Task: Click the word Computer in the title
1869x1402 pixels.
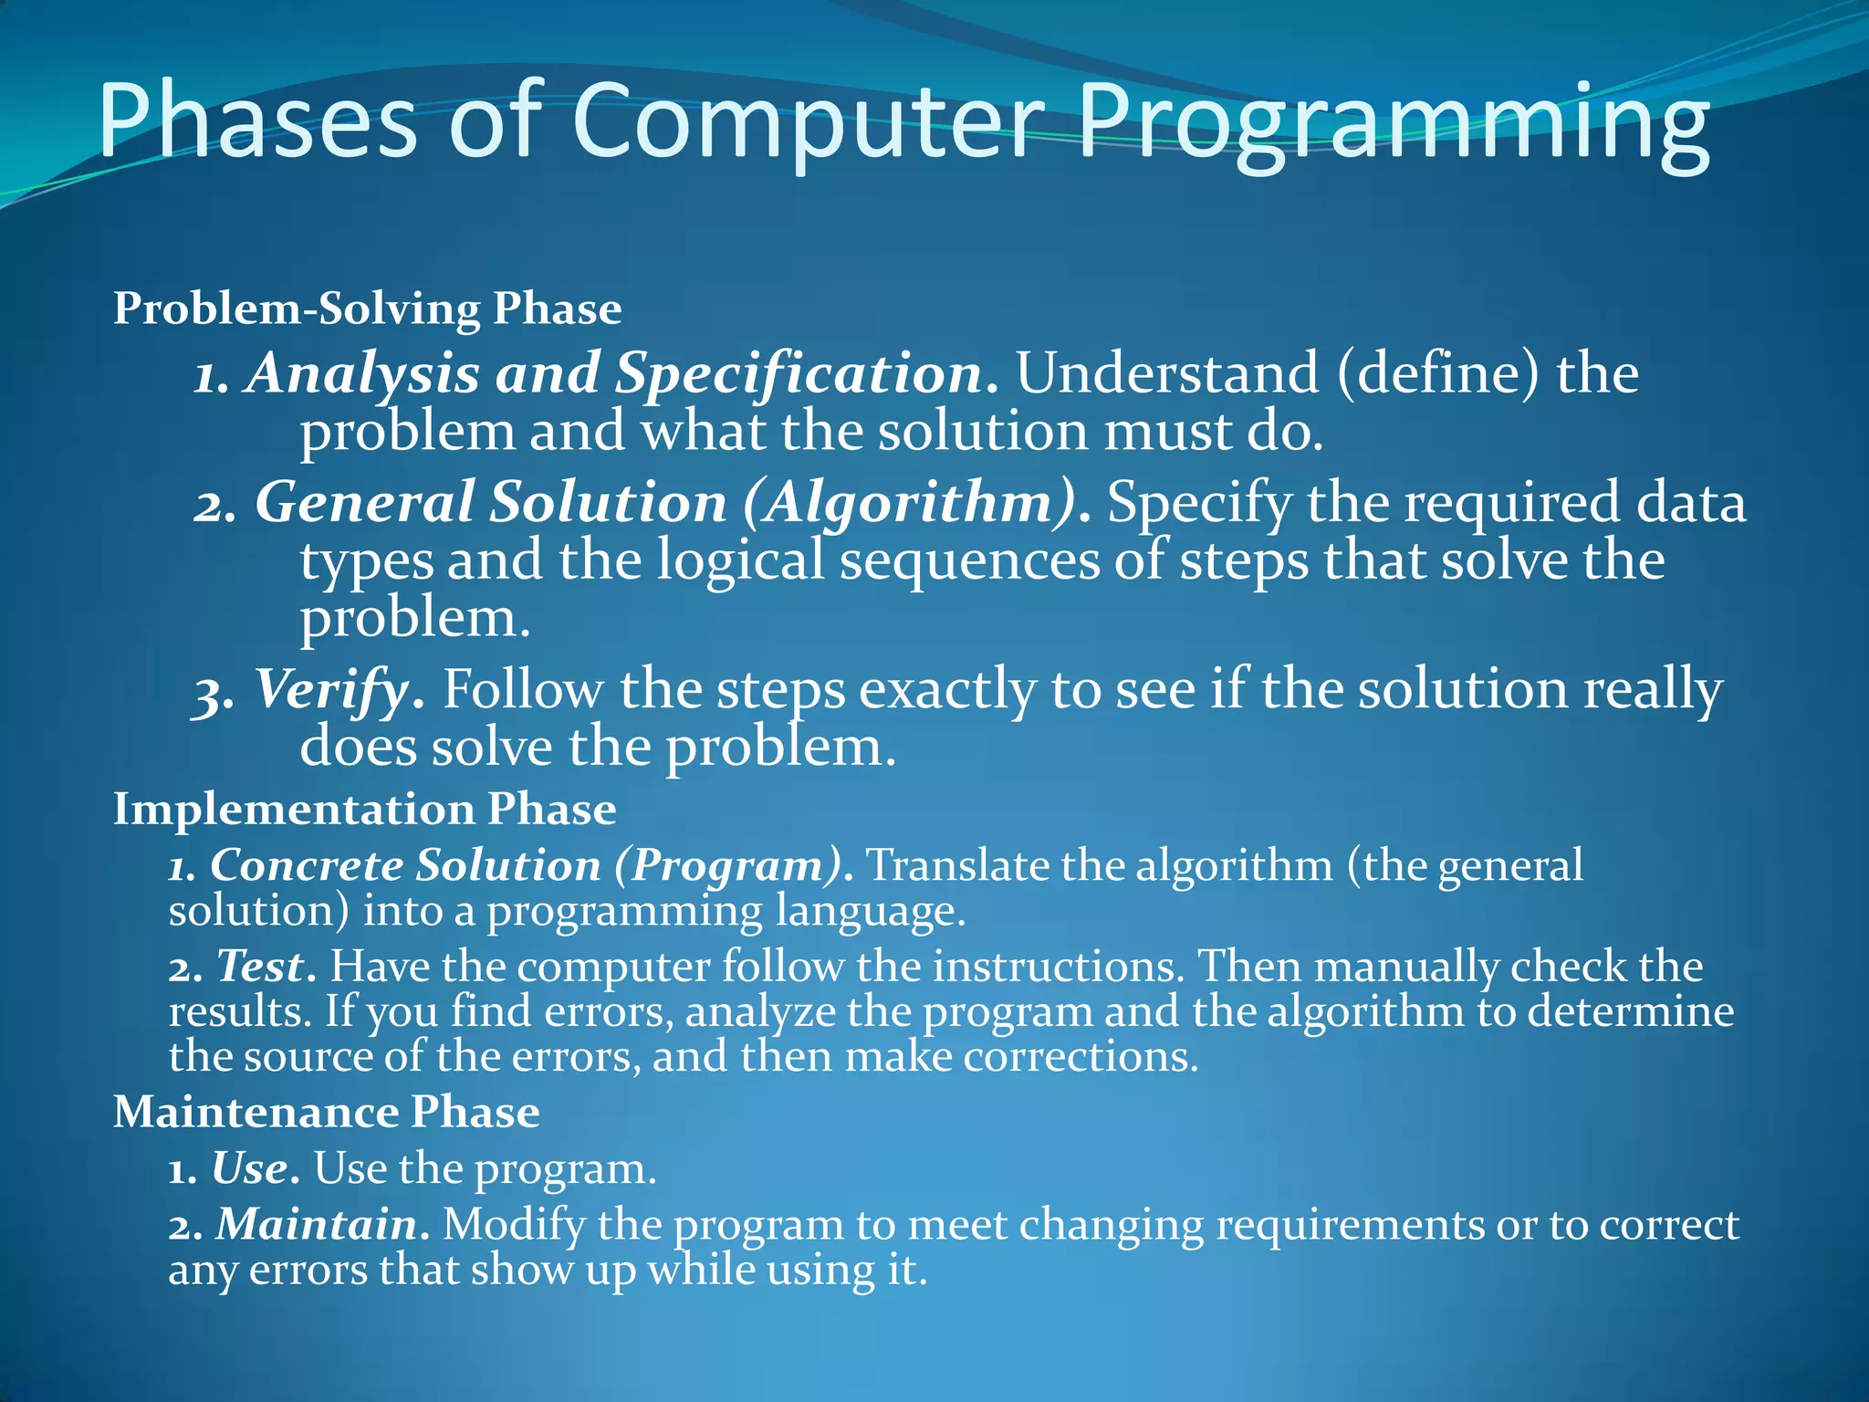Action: pos(808,123)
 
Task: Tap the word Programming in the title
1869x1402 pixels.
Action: pos(1394,123)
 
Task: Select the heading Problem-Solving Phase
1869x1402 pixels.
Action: pos(367,309)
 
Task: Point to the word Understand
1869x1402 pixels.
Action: pos(1167,374)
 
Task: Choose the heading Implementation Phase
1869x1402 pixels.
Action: pos(364,809)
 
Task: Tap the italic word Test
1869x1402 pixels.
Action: pos(260,966)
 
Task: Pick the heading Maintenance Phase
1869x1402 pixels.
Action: pos(326,1112)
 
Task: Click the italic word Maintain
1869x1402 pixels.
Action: pos(317,1224)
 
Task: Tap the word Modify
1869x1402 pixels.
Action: pos(514,1224)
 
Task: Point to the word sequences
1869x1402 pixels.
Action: pos(969,560)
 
